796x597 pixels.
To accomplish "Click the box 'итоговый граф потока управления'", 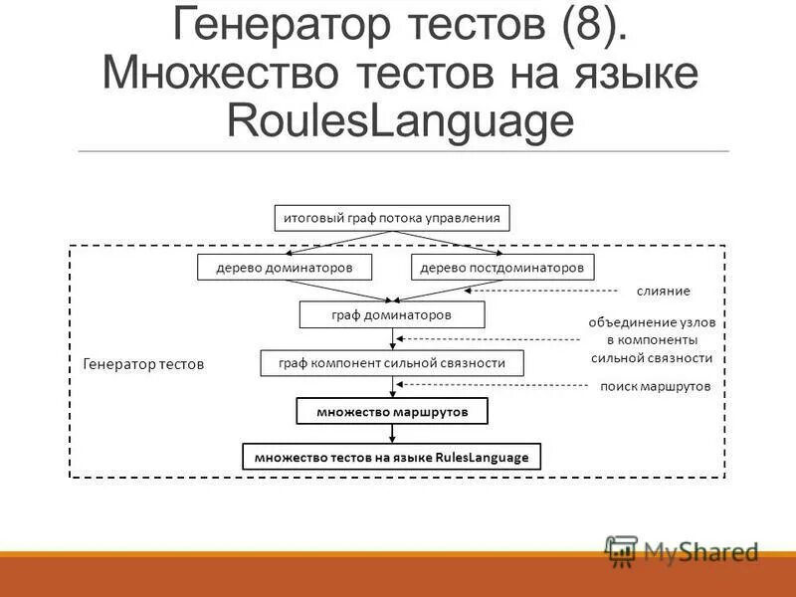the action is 392,217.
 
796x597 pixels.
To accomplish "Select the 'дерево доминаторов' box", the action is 285,267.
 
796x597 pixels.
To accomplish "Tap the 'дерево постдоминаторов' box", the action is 501,267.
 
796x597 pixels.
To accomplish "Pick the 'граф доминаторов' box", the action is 392,314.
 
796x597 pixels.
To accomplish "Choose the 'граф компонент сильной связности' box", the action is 392,363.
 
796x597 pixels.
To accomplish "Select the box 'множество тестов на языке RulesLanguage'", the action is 392,457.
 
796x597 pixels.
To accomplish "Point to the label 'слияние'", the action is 663,291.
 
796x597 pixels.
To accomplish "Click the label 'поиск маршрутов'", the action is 655,387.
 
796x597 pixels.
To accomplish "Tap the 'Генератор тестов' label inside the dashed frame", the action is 142,364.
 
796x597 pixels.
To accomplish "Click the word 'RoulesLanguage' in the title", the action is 401,121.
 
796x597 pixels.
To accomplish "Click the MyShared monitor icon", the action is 622,550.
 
